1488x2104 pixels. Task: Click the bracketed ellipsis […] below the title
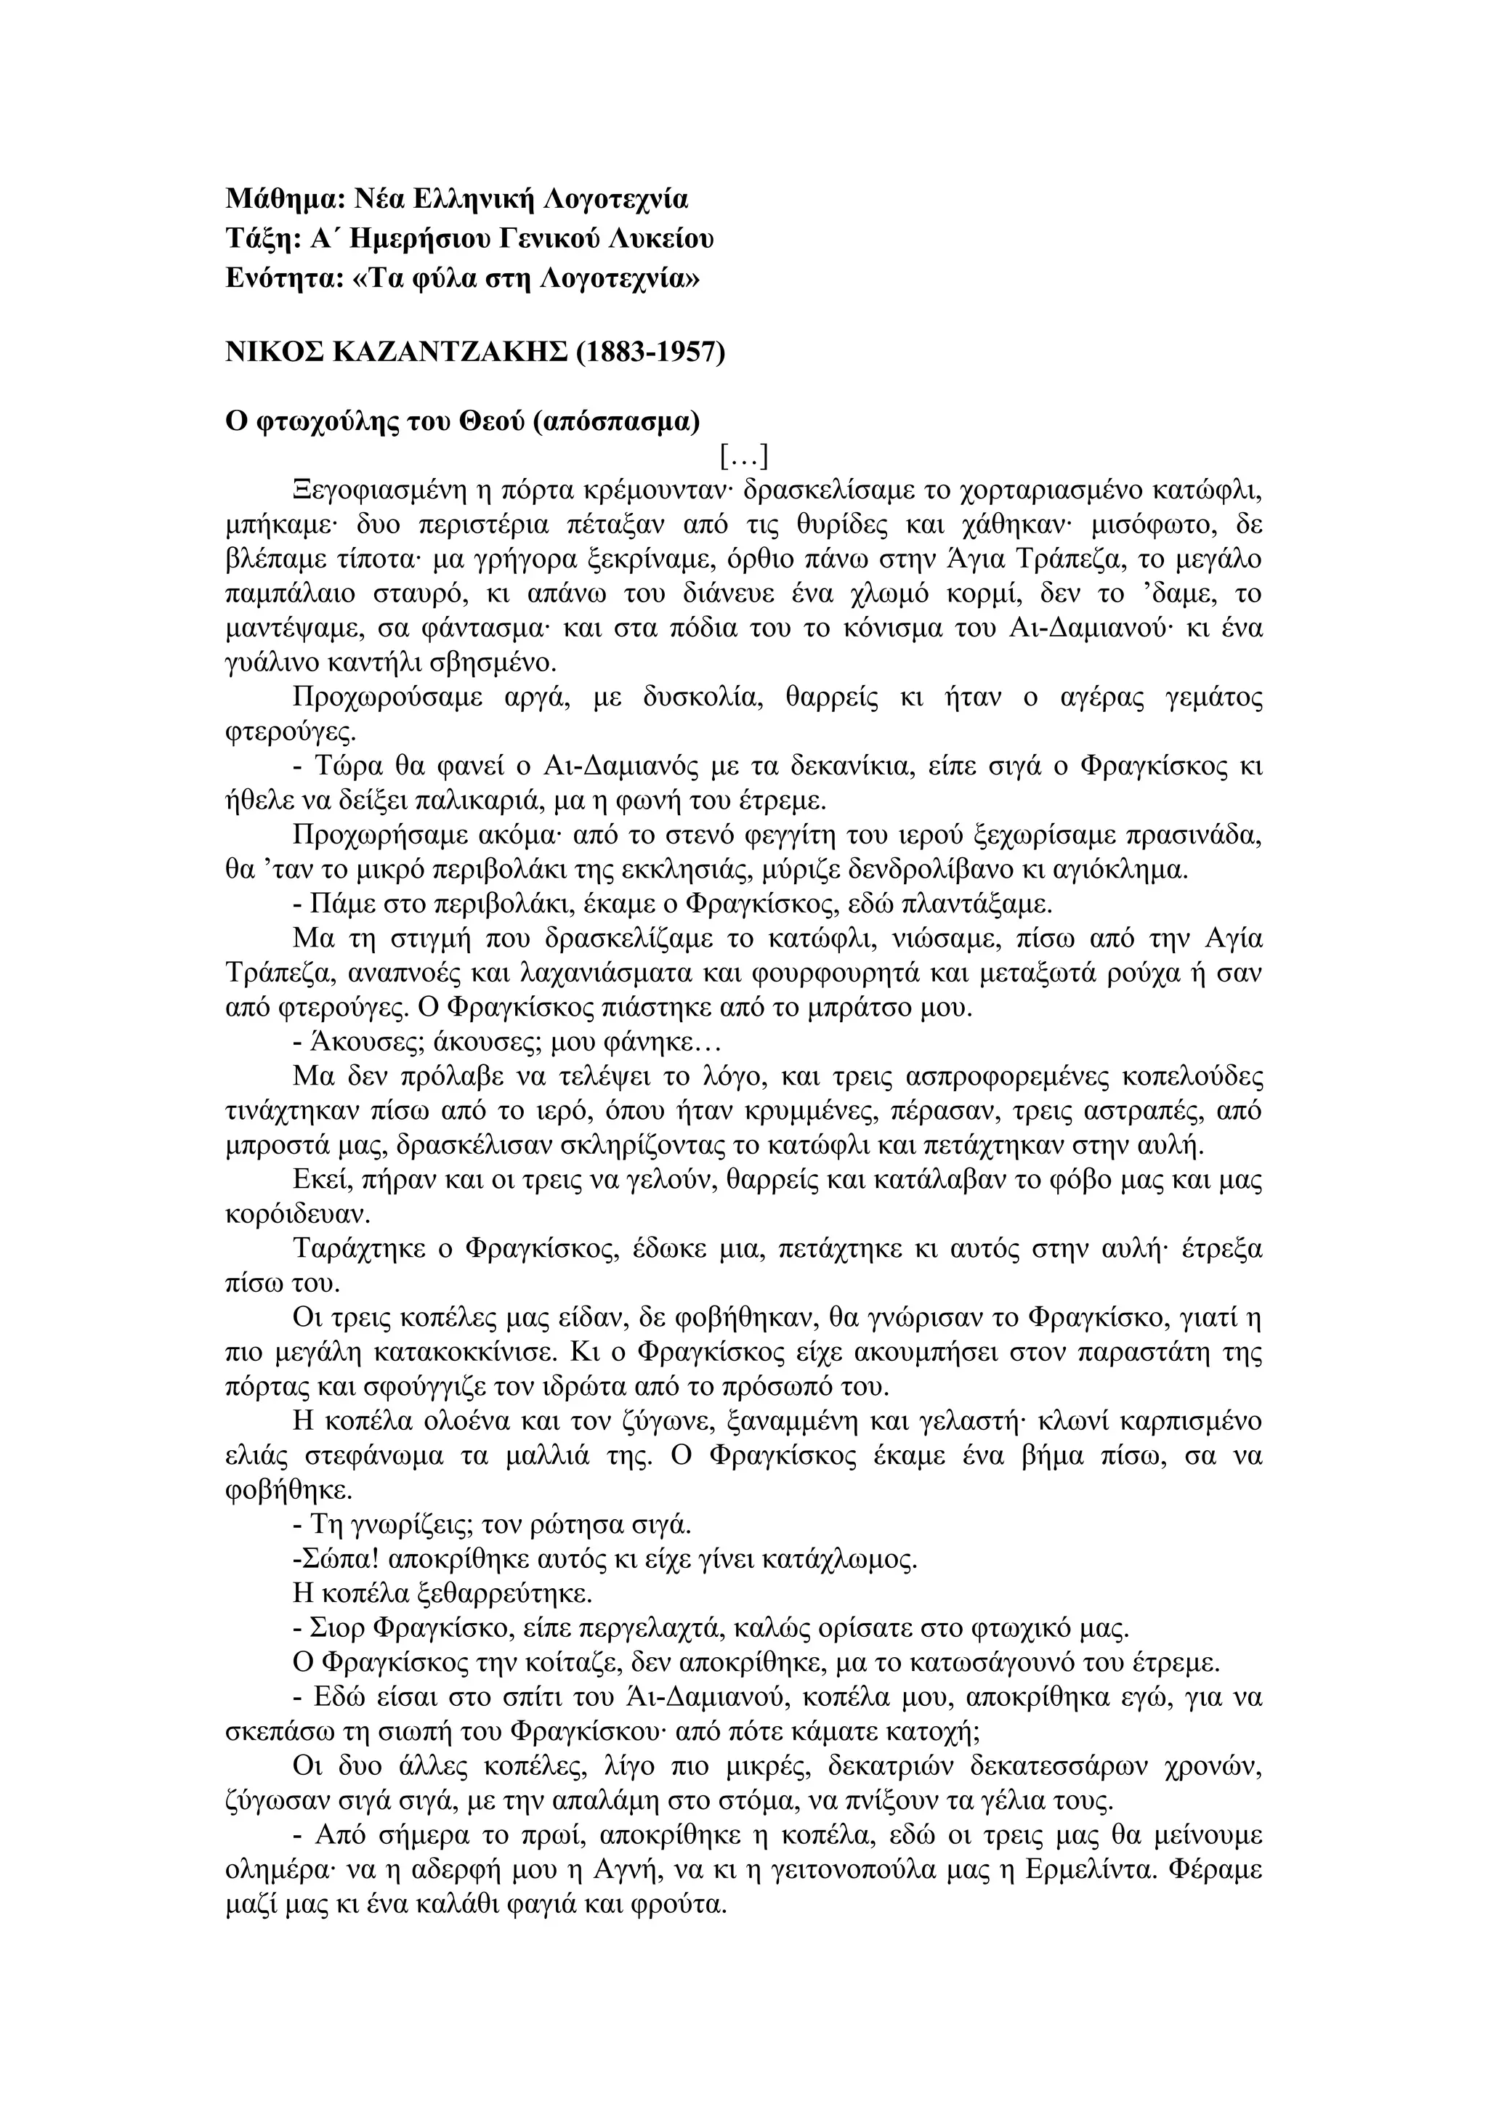pyautogui.click(x=743, y=456)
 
